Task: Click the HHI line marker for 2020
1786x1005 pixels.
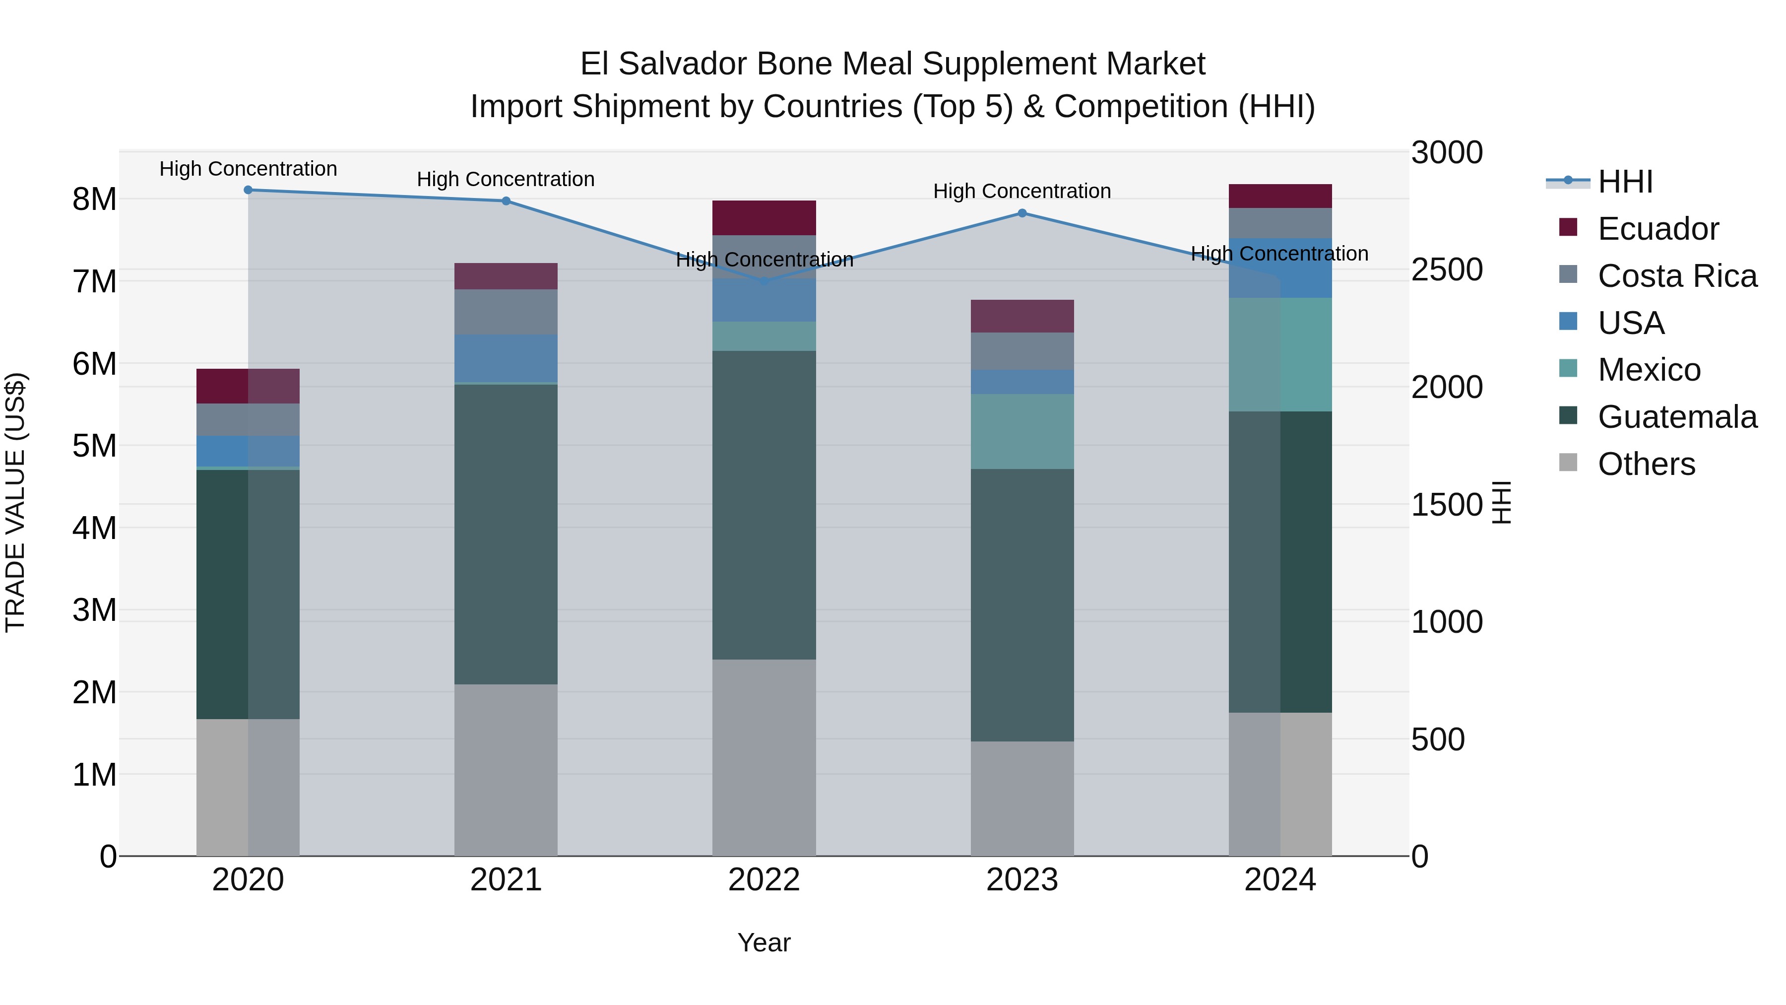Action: pyautogui.click(x=248, y=190)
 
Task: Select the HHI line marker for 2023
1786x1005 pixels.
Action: pyautogui.click(x=1022, y=213)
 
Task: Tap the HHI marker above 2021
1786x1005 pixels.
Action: pyautogui.click(x=506, y=201)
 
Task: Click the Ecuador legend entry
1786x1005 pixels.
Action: pyautogui.click(x=1658, y=229)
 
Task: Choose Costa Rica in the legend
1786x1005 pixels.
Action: pyautogui.click(x=1676, y=276)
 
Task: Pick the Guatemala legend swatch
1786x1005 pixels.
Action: pyautogui.click(x=1568, y=415)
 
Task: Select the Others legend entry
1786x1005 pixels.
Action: pyautogui.click(x=1646, y=464)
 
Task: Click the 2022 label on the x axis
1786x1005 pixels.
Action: pyautogui.click(x=764, y=880)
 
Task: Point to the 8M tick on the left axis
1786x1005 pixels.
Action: pyautogui.click(x=94, y=200)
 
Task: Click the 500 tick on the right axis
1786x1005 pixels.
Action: pyautogui.click(x=1438, y=739)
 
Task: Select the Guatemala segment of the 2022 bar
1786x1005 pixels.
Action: pyautogui.click(x=764, y=505)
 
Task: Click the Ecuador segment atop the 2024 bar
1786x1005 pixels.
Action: pyautogui.click(x=1280, y=196)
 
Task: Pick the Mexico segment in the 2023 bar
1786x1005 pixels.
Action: pyautogui.click(x=1022, y=431)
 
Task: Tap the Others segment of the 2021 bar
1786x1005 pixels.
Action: pyautogui.click(x=506, y=770)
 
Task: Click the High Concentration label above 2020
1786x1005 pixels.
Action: pyautogui.click(x=248, y=169)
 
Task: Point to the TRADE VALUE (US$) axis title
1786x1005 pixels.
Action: pyautogui.click(x=15, y=502)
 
